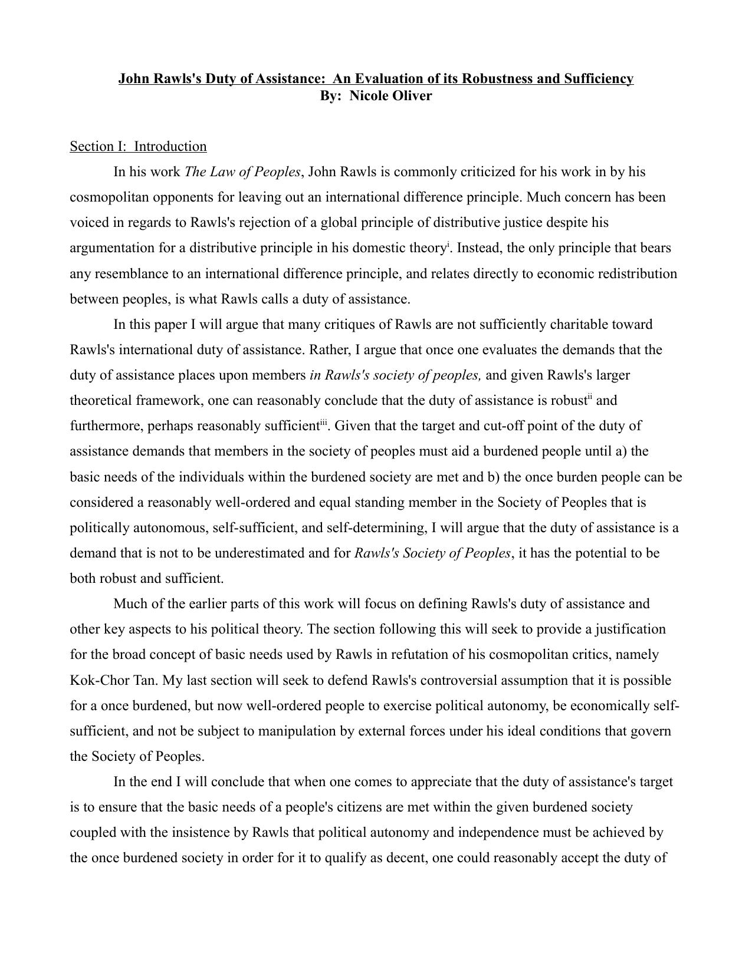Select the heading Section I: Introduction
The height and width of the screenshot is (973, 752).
[138, 146]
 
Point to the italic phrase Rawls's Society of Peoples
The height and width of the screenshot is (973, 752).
[432, 553]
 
